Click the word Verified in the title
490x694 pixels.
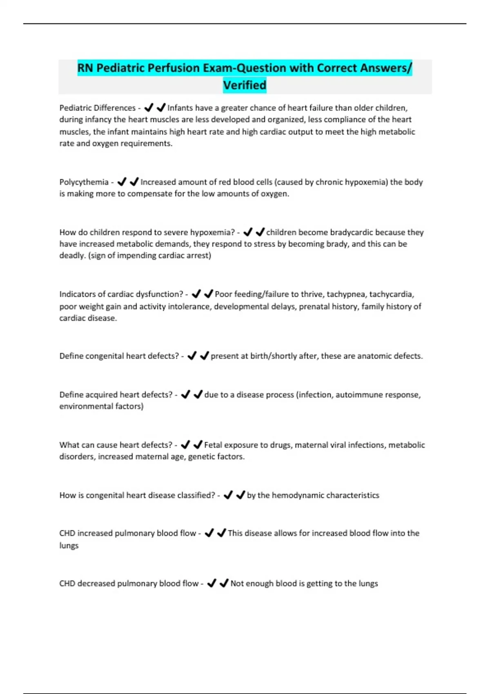coord(245,85)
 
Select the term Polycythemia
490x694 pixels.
coord(84,182)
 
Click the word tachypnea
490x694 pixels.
coord(345,294)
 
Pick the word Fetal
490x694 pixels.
coord(213,445)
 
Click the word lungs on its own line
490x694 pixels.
coord(69,545)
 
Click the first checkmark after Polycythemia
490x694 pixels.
coord(122,182)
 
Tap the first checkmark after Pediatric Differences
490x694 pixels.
coord(149,107)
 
